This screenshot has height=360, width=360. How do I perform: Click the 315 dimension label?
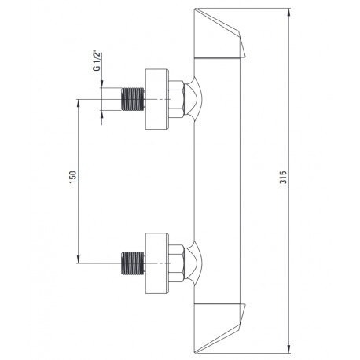(x=283, y=178)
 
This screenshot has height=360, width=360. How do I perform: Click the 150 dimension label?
(x=72, y=177)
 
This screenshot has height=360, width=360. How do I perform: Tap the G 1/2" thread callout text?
(x=97, y=61)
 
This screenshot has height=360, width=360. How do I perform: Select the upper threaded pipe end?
(x=133, y=99)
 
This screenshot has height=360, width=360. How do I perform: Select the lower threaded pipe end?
(x=133, y=263)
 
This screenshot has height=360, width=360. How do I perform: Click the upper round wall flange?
(x=157, y=99)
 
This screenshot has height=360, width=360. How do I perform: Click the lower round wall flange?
(x=157, y=263)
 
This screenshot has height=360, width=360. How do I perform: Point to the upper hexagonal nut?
(x=176, y=99)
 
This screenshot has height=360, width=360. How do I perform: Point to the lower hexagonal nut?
(x=176, y=263)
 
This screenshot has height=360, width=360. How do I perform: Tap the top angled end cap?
(x=219, y=34)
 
